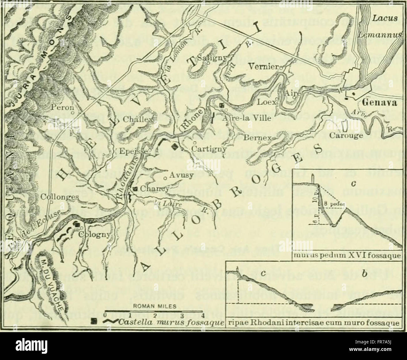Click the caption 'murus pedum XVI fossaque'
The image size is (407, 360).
[x=347, y=256]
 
